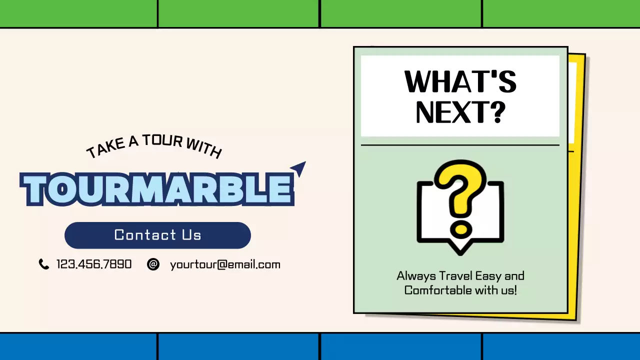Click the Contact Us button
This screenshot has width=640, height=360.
pyautogui.click(x=157, y=235)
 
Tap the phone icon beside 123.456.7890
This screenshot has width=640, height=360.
pyautogui.click(x=44, y=264)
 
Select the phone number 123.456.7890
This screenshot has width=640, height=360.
pyautogui.click(x=94, y=264)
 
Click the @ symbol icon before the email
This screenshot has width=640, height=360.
pyautogui.click(x=153, y=264)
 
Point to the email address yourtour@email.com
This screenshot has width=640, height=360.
pyautogui.click(x=225, y=264)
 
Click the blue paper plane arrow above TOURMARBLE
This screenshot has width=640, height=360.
pyautogui.click(x=298, y=168)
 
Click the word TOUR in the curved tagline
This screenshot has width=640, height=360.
pyautogui.click(x=162, y=141)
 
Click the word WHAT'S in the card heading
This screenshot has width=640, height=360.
pyautogui.click(x=460, y=82)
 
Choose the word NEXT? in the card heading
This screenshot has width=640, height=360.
pyautogui.click(x=460, y=112)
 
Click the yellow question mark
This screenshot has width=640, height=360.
pyautogui.click(x=460, y=187)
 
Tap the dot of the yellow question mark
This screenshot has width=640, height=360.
pyautogui.click(x=460, y=229)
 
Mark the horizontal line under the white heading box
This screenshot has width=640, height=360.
pyautogui.click(x=460, y=145)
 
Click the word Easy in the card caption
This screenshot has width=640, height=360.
pyautogui.click(x=488, y=276)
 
